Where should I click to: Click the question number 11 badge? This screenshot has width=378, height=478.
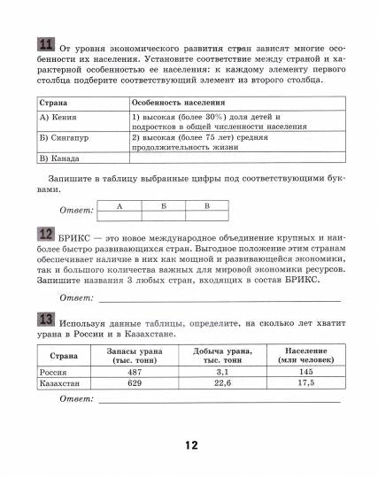coord(46,46)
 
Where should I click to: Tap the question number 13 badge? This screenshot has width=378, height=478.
coord(46,319)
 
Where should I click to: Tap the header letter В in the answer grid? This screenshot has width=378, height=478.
coord(205,205)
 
